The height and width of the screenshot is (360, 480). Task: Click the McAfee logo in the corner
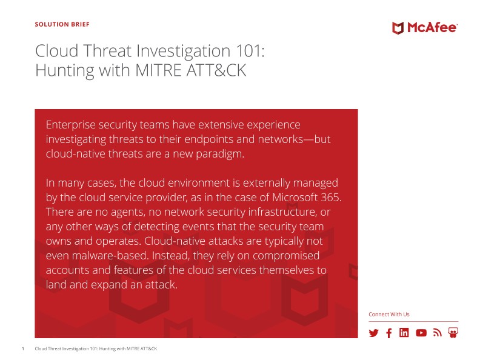click(x=425, y=28)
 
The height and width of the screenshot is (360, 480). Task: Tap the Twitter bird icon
click(x=373, y=333)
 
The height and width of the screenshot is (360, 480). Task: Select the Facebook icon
click(x=388, y=333)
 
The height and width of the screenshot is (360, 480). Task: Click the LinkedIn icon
click(x=404, y=333)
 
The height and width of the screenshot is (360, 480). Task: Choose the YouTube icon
click(x=421, y=333)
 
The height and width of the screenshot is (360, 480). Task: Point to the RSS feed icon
click(x=438, y=333)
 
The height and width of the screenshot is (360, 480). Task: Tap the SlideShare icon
click(x=453, y=333)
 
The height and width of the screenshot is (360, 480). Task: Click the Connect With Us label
click(x=388, y=315)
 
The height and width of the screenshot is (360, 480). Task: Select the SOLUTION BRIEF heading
click(x=62, y=24)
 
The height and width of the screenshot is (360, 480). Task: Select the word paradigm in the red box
click(x=220, y=154)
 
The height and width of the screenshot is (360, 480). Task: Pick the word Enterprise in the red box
click(x=70, y=125)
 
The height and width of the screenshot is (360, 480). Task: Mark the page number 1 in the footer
click(x=23, y=348)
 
